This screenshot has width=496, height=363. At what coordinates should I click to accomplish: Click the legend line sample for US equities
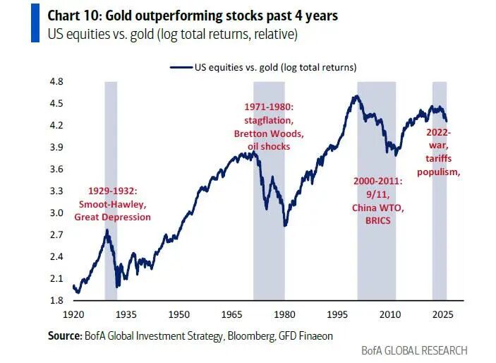point(181,67)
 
